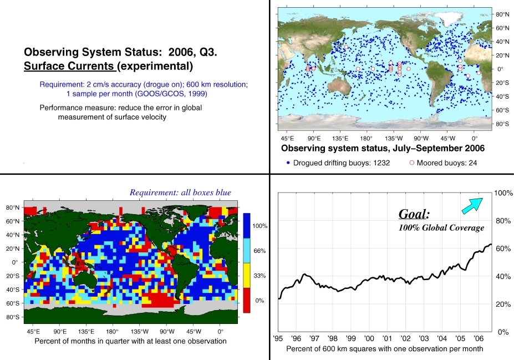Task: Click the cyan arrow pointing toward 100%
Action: [x=472, y=206]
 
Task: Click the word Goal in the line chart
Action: [x=413, y=214]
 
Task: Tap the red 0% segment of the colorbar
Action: [x=247, y=300]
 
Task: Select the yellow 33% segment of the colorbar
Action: [x=247, y=276]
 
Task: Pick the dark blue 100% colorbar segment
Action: [x=247, y=226]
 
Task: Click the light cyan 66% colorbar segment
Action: [x=247, y=251]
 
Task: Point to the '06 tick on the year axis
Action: [x=479, y=338]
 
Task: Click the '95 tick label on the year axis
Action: [x=278, y=338]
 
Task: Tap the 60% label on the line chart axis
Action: [x=503, y=249]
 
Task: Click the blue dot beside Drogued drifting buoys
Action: [x=288, y=163]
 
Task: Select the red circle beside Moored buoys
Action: [x=412, y=163]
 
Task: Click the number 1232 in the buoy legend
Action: [x=381, y=163]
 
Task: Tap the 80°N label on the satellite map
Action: [x=502, y=14]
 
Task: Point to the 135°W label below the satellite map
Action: [x=393, y=138]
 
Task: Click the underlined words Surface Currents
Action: [x=69, y=66]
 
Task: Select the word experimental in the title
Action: [x=155, y=66]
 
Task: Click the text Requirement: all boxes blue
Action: [x=180, y=192]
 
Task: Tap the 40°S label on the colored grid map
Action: [x=13, y=290]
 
